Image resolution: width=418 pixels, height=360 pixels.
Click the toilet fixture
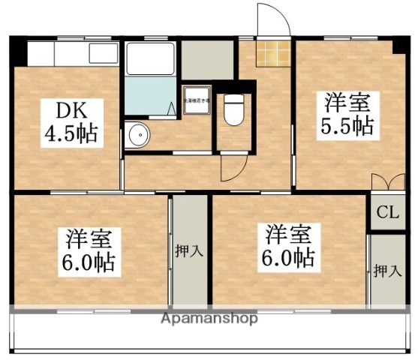(234, 111)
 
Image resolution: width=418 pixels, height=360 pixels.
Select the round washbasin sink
(137, 135)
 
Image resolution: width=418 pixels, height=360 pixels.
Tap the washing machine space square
(197, 100)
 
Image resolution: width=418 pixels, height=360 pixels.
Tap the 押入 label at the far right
(387, 271)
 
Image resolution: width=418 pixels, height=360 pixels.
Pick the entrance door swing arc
(270, 19)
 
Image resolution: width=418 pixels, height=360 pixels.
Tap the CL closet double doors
(384, 181)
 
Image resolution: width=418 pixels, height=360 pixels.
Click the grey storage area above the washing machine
(206, 59)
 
